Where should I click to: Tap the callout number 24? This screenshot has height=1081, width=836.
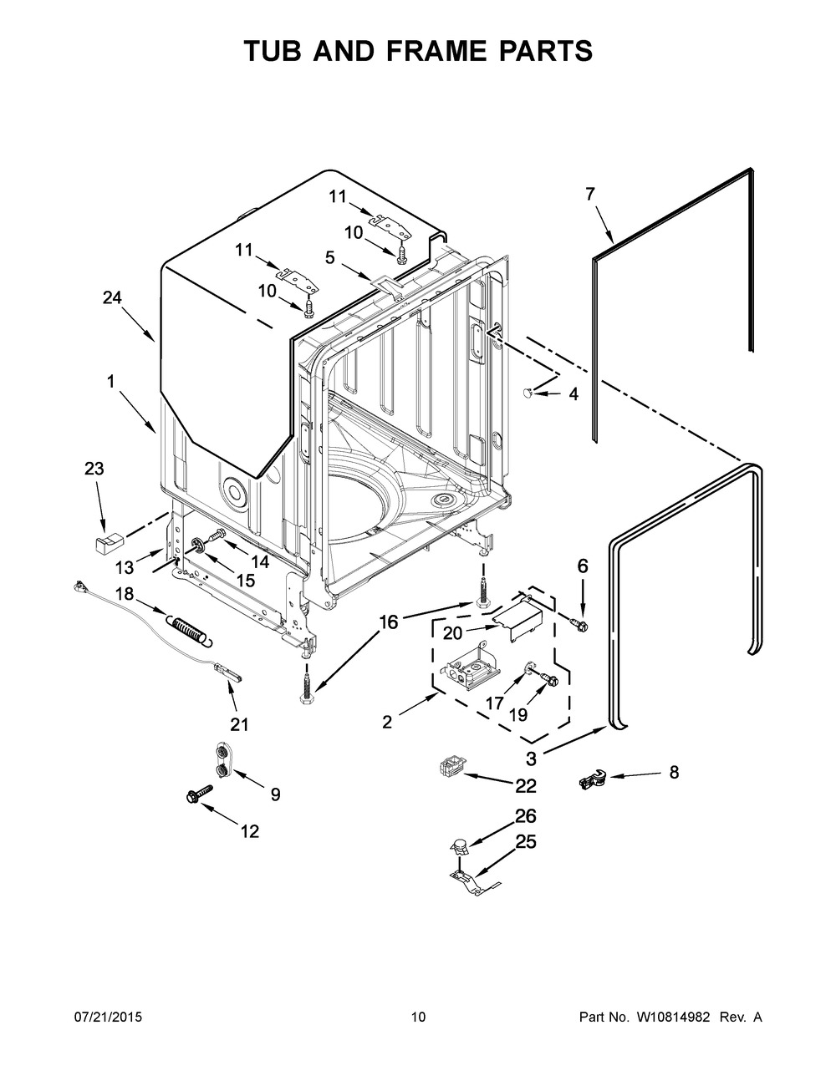pos(113,297)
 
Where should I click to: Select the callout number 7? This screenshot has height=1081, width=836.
pos(590,195)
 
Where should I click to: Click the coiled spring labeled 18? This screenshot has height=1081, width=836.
pos(191,627)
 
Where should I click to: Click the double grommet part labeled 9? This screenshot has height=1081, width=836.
pos(222,759)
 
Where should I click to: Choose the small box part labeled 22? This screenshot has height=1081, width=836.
pos(450,766)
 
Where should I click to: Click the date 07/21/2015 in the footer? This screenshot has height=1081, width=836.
pos(108,1017)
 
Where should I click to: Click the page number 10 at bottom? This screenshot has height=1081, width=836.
pos(418,1017)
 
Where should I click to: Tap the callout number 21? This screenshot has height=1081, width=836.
pos(240,724)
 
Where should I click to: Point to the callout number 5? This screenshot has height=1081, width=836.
pos(330,258)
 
